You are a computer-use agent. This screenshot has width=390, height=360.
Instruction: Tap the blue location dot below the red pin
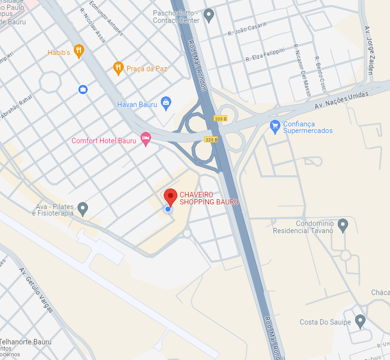coord(168,209)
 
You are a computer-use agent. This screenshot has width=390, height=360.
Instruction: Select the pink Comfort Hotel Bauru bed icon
coord(146,139)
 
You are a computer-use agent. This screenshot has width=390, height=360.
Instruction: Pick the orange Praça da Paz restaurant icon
coord(119,68)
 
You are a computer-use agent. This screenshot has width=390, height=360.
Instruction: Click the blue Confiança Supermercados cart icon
coord(275,126)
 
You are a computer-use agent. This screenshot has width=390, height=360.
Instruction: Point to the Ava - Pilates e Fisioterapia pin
coord(83,208)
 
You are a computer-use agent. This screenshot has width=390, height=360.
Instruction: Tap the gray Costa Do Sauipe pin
coord(360,321)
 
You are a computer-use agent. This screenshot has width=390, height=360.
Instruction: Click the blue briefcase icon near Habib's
coord(83,89)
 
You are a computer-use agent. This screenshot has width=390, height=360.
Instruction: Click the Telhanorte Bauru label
coord(26,342)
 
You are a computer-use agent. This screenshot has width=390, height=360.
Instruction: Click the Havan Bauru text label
coord(137,104)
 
